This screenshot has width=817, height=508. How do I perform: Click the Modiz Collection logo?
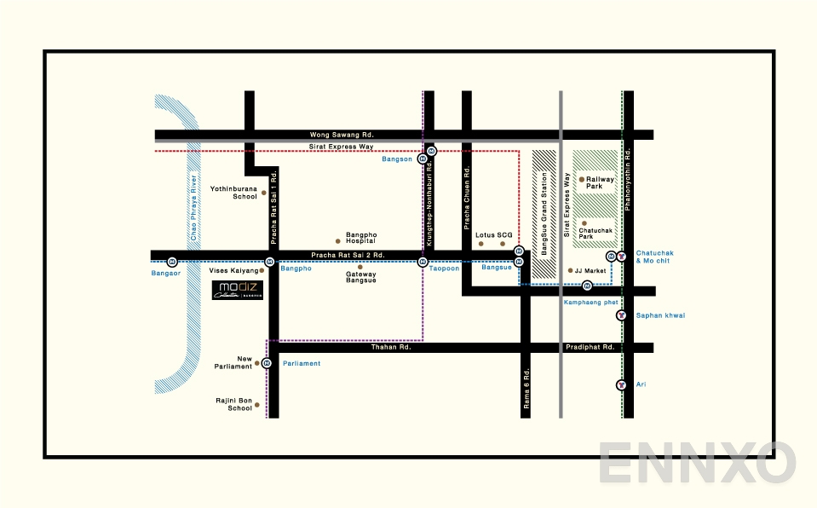[238, 290]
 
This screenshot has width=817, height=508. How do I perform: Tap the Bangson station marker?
[432, 151]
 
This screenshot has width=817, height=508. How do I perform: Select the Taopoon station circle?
[423, 262]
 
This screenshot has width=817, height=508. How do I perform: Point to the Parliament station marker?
[268, 363]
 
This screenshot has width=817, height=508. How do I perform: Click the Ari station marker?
[621, 385]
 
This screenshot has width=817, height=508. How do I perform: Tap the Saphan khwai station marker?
[621, 315]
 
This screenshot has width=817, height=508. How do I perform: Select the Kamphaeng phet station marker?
[587, 286]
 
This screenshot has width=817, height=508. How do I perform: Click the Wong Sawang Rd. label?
[342, 135]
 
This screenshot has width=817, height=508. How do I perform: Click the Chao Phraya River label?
[195, 214]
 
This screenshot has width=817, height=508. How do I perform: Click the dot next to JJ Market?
[570, 271]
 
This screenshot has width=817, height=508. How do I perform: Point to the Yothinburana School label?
[233, 193]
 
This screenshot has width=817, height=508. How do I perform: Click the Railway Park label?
[601, 183]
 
